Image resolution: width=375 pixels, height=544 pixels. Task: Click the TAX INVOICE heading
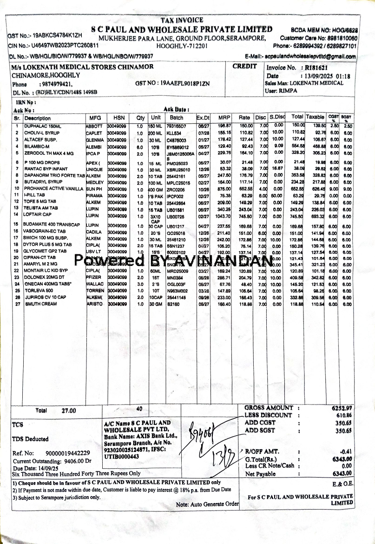pyautogui.click(x=182, y=20)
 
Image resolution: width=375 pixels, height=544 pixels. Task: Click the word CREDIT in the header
pyautogui.click(x=245, y=66)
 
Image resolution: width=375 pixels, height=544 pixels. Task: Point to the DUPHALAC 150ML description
pyautogui.click(x=43, y=126)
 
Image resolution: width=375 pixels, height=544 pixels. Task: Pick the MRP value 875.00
pyautogui.click(x=224, y=189)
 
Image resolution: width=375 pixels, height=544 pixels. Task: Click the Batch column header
pyautogui.click(x=177, y=118)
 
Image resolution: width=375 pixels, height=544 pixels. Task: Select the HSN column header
pyautogui.click(x=119, y=118)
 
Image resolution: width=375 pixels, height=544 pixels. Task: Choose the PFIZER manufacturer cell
pyautogui.click(x=95, y=277)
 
